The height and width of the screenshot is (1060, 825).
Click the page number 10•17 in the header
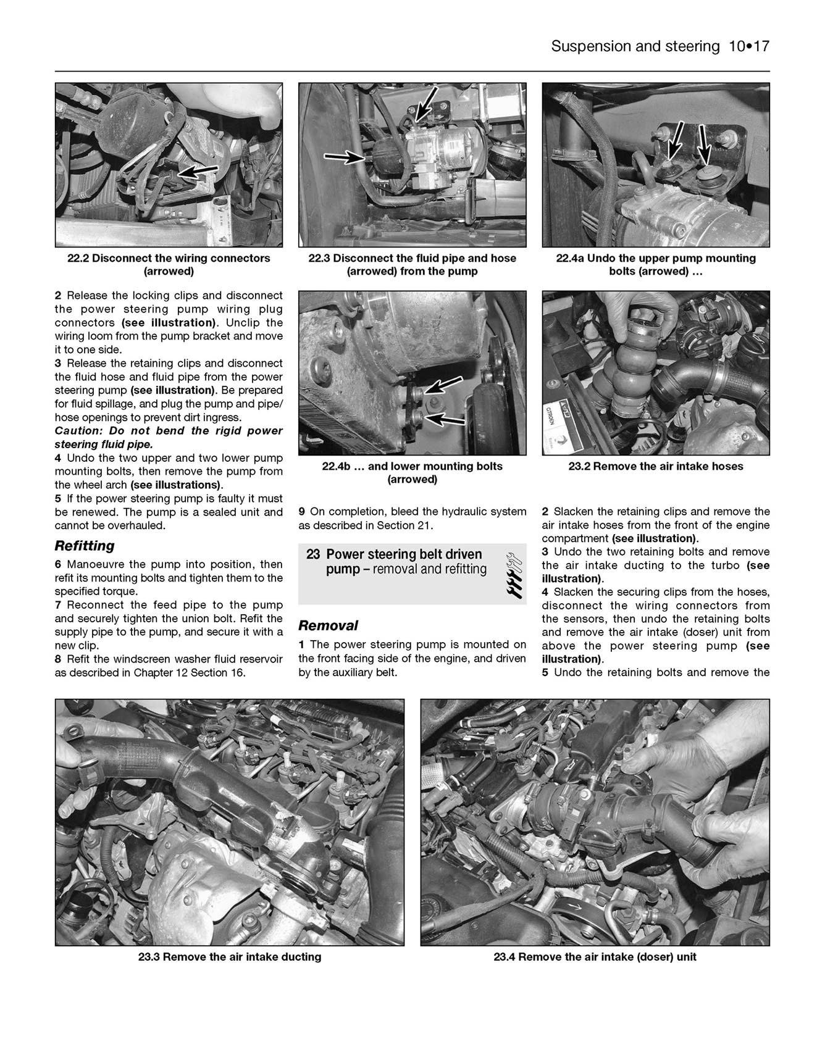pos(747,46)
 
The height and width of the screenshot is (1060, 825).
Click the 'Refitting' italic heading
pos(85,546)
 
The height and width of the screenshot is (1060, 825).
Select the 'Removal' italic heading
pos(328,625)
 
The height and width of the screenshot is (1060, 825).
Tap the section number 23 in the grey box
pos(313,554)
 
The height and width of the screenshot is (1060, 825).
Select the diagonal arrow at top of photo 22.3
pos(426,104)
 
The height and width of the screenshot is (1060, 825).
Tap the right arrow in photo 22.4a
pos(705,145)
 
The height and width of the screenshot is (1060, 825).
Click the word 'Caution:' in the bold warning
pos(77,431)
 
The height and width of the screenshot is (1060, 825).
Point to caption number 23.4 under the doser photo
pos(505,957)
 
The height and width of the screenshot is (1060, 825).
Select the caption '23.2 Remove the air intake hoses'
pos(655,466)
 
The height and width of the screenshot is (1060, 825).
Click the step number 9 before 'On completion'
pos(302,511)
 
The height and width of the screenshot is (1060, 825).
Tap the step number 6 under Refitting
pos(58,564)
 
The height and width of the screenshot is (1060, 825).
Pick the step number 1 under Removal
pos(302,645)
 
